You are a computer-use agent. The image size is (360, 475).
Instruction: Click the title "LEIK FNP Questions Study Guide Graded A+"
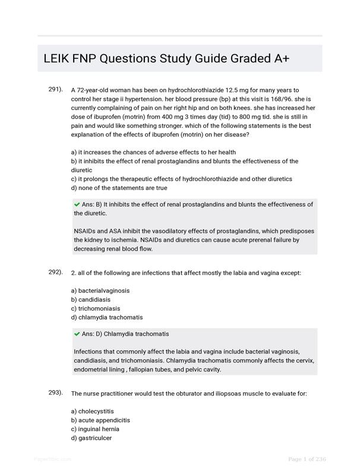coord(166,59)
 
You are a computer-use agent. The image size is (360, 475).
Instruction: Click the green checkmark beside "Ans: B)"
coord(77,204)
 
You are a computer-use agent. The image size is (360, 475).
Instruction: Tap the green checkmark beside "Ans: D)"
coord(77,334)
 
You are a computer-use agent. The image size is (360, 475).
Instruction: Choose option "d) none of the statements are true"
coord(119,188)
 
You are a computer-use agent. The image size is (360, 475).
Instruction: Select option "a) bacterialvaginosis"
coord(100,291)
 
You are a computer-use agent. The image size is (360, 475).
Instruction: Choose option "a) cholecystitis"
coord(92,411)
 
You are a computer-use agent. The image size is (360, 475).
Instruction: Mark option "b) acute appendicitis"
coord(100,420)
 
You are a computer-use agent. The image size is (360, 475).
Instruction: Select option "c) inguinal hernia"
coord(96,429)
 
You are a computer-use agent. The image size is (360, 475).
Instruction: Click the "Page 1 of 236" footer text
coord(307,459)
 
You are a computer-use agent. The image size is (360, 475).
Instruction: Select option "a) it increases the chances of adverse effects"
coord(153,152)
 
